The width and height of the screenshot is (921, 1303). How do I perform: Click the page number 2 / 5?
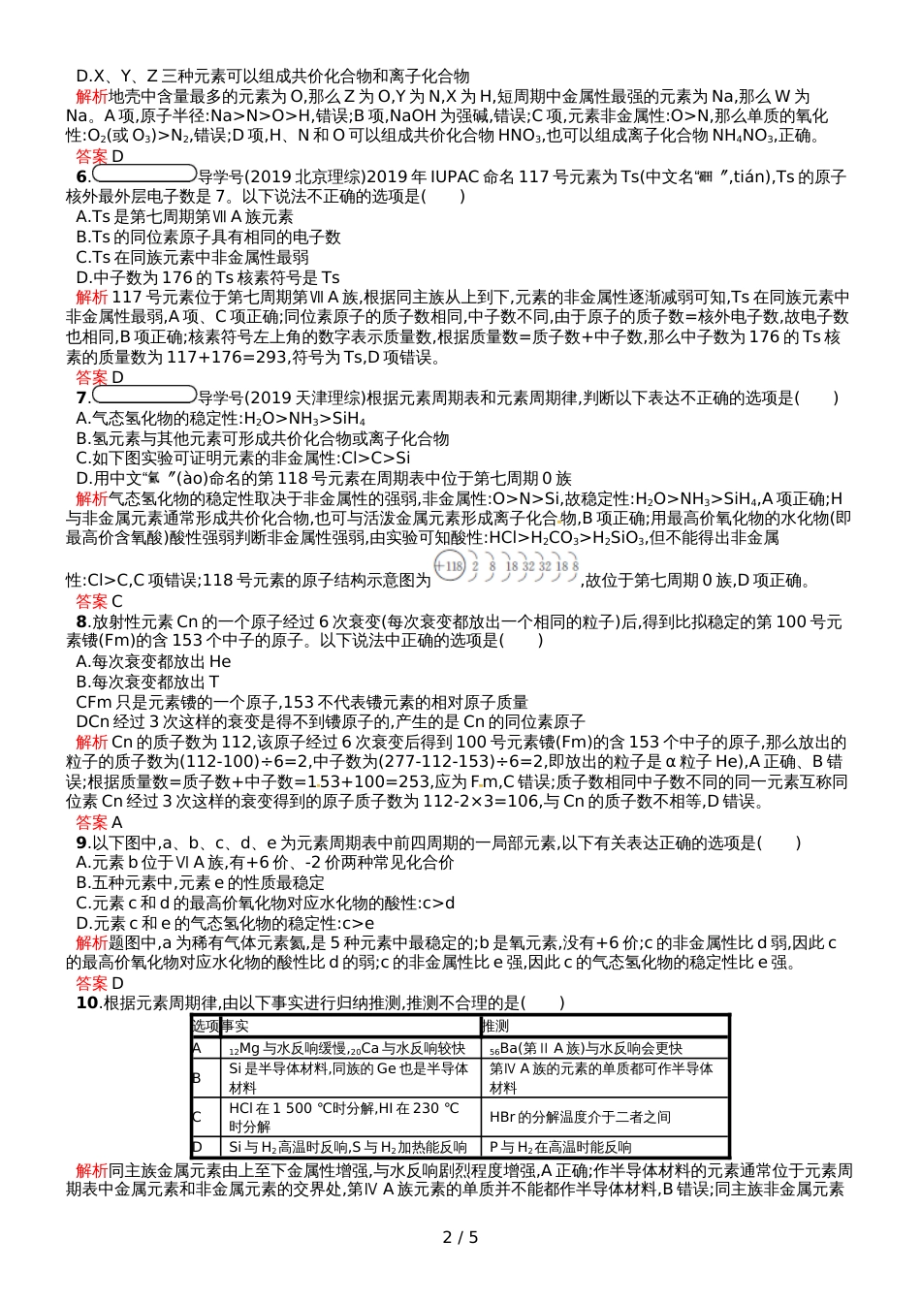click(x=460, y=1237)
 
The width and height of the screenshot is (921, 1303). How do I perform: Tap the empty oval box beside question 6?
click(x=144, y=175)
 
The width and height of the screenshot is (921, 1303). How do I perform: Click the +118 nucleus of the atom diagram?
click(x=450, y=566)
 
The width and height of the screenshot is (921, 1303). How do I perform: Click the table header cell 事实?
click(x=235, y=1026)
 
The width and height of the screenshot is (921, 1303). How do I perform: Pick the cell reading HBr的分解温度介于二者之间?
click(x=580, y=1117)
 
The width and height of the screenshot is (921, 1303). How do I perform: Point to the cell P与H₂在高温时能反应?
click(x=560, y=1147)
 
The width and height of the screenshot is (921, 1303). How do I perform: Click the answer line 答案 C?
click(x=100, y=601)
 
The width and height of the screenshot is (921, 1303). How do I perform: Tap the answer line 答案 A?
click(x=100, y=822)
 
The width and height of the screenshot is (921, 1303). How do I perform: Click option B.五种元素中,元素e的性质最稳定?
click(x=199, y=882)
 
